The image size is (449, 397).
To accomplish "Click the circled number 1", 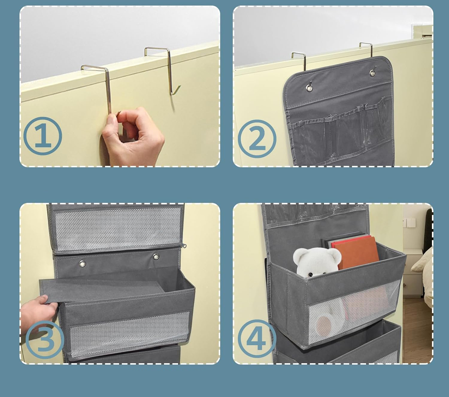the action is (43, 136).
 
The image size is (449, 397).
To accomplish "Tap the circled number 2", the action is (257, 139).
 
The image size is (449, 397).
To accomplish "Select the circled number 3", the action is (45, 340).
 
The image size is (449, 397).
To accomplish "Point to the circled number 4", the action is (257, 339).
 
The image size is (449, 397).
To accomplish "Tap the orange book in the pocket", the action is (355, 252).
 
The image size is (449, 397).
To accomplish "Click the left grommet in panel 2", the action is (309, 88).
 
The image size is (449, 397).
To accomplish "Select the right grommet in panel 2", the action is (373, 73).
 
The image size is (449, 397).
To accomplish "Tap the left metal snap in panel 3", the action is (82, 264).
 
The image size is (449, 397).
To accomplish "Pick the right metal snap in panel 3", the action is (156, 257).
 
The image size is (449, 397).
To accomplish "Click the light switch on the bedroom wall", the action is (409, 222).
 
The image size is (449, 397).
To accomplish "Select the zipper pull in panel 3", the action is (183, 246).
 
